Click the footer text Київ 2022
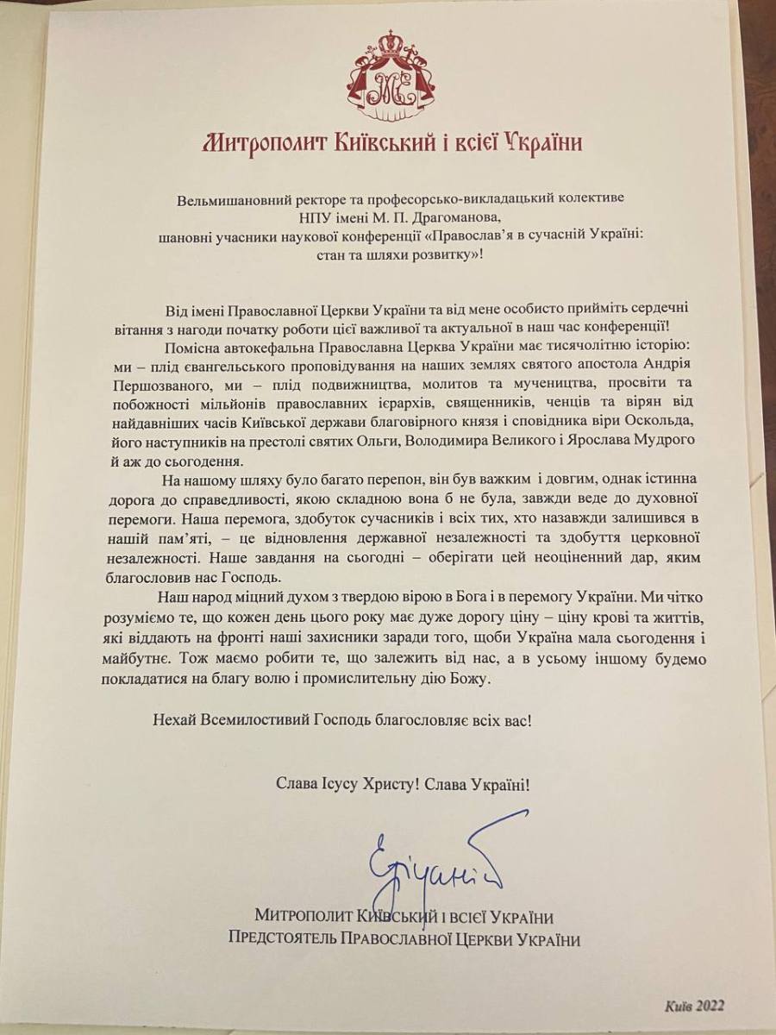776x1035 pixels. point(694,1006)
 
